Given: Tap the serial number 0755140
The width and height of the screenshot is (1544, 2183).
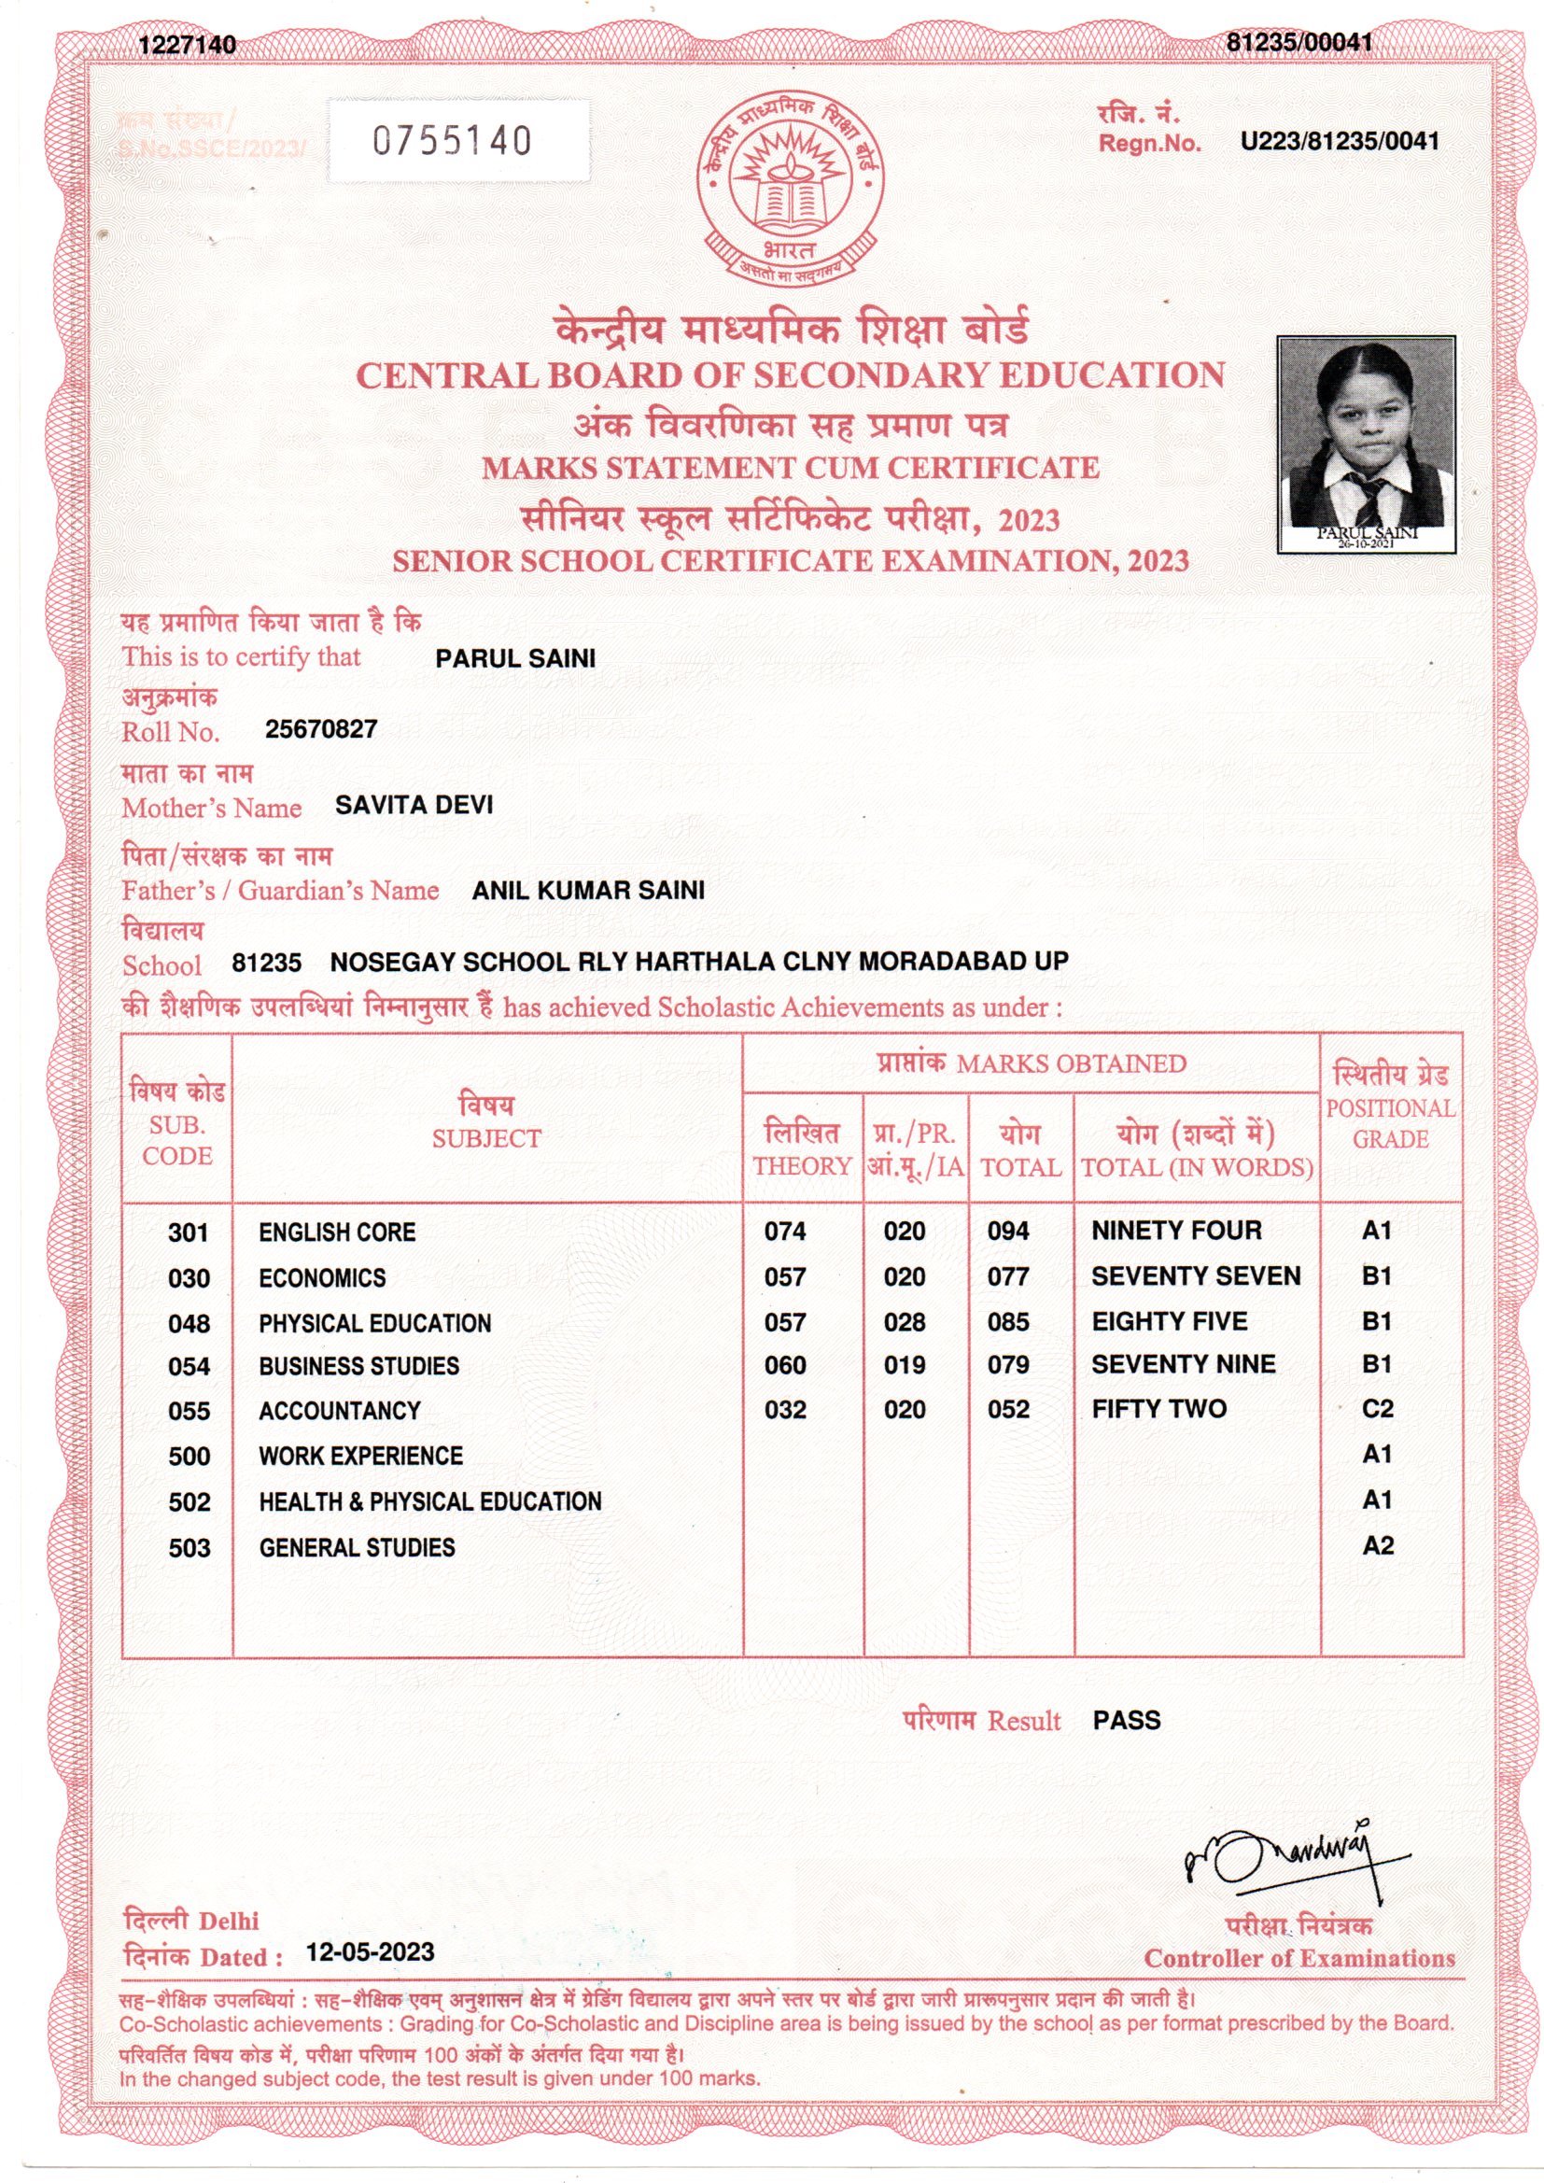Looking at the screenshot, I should pos(452,142).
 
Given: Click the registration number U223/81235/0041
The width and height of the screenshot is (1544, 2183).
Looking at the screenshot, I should pos(1339,142).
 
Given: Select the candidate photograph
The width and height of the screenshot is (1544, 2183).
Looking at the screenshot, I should pos(1366,444).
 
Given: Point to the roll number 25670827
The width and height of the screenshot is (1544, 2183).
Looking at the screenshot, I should pos(321,729).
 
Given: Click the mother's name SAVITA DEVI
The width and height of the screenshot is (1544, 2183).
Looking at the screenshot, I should pos(414,805).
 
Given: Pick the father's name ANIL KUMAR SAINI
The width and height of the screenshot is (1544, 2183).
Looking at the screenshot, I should pos(588,890).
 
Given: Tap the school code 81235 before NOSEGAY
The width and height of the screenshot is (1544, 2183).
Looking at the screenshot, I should pos(266,963).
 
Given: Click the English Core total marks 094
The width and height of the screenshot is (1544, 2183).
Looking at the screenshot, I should pos(1008,1232).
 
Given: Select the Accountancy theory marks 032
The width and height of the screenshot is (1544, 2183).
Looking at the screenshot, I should pos(785,1409).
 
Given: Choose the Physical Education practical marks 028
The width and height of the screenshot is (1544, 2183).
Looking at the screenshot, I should pos(905,1321).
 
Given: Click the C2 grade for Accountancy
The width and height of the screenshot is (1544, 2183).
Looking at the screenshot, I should pos(1377,1408).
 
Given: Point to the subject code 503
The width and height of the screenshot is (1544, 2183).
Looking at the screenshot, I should pos(189,1548).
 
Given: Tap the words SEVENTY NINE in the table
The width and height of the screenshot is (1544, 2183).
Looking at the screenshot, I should pos(1183,1364).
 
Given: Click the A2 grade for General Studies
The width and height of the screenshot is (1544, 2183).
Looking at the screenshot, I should pos(1377,1546).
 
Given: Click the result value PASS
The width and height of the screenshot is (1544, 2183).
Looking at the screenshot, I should pos(1127,1720).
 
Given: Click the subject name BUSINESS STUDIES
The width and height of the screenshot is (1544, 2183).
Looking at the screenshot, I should pos(358,1366).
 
